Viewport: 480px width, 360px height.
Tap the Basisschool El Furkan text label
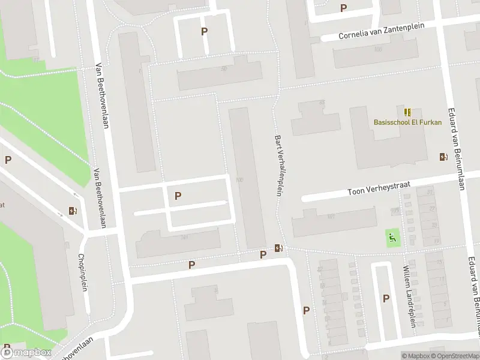pyautogui.click(x=407, y=122)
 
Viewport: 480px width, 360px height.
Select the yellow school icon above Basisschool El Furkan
pyautogui.click(x=408, y=112)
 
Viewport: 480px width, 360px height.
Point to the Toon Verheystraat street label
pyautogui.click(x=379, y=189)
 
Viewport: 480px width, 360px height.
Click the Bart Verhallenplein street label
pyautogui.click(x=278, y=165)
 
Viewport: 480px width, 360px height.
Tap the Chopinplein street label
pyautogui.click(x=83, y=272)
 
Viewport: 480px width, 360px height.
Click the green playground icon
pyautogui.click(x=393, y=238)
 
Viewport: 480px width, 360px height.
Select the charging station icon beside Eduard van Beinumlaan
pyautogui.click(x=443, y=157)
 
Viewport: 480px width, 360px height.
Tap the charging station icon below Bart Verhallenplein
pyautogui.click(x=279, y=248)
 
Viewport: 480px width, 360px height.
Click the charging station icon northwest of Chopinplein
pyautogui.click(x=73, y=211)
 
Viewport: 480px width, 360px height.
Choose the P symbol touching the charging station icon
pyautogui.click(x=263, y=255)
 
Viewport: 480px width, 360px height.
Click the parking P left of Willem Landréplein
pyautogui.click(x=386, y=298)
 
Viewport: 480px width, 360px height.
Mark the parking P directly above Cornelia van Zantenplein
pyautogui.click(x=343, y=8)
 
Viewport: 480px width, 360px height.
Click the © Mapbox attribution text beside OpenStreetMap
pyautogui.click(x=415, y=356)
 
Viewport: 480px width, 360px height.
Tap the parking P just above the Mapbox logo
pyautogui.click(x=7, y=346)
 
